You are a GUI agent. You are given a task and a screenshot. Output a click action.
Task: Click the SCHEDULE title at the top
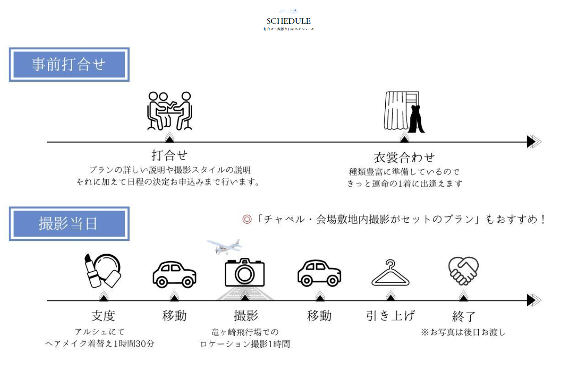288,21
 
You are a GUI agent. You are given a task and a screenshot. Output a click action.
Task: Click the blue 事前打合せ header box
69,64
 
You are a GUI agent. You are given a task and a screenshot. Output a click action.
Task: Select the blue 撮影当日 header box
69,224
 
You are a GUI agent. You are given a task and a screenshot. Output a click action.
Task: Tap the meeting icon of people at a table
170,111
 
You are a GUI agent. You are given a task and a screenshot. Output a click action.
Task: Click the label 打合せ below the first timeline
170,155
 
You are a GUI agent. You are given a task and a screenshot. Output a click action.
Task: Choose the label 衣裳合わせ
404,157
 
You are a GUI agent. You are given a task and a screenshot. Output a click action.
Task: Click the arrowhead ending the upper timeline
534,141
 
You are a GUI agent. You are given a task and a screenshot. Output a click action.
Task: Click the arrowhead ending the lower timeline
534,300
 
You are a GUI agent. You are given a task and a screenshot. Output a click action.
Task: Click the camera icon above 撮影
245,272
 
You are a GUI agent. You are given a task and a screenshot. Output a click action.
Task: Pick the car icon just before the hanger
319,273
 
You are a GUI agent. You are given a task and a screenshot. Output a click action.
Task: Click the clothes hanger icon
390,273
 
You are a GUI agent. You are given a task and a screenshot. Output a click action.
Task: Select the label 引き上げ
390,316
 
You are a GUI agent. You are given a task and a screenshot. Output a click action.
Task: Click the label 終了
464,316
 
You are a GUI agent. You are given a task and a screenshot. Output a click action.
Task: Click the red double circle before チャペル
247,219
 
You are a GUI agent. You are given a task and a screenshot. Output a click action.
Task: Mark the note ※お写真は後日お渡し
463,332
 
